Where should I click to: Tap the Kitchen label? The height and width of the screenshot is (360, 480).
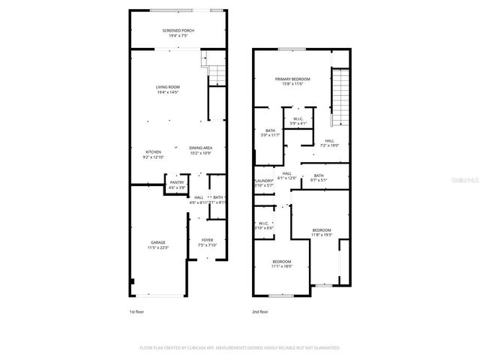(153, 154)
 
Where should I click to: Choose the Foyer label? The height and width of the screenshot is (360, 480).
(207, 242)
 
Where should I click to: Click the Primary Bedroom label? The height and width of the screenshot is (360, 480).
(292, 81)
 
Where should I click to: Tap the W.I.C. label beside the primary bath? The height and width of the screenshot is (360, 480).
(297, 120)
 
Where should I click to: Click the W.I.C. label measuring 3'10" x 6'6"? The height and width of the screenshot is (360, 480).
(263, 225)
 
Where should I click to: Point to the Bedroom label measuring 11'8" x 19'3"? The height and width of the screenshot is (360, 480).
(321, 232)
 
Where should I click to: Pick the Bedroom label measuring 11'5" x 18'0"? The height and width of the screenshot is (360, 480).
(281, 263)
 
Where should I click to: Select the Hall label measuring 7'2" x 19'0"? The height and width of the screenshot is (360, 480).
(329, 143)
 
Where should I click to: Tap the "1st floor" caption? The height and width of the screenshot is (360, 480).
(137, 310)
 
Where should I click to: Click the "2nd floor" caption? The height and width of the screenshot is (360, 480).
(261, 310)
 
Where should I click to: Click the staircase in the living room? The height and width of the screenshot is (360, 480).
(216, 74)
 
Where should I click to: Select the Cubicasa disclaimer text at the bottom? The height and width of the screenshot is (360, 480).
(239, 348)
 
